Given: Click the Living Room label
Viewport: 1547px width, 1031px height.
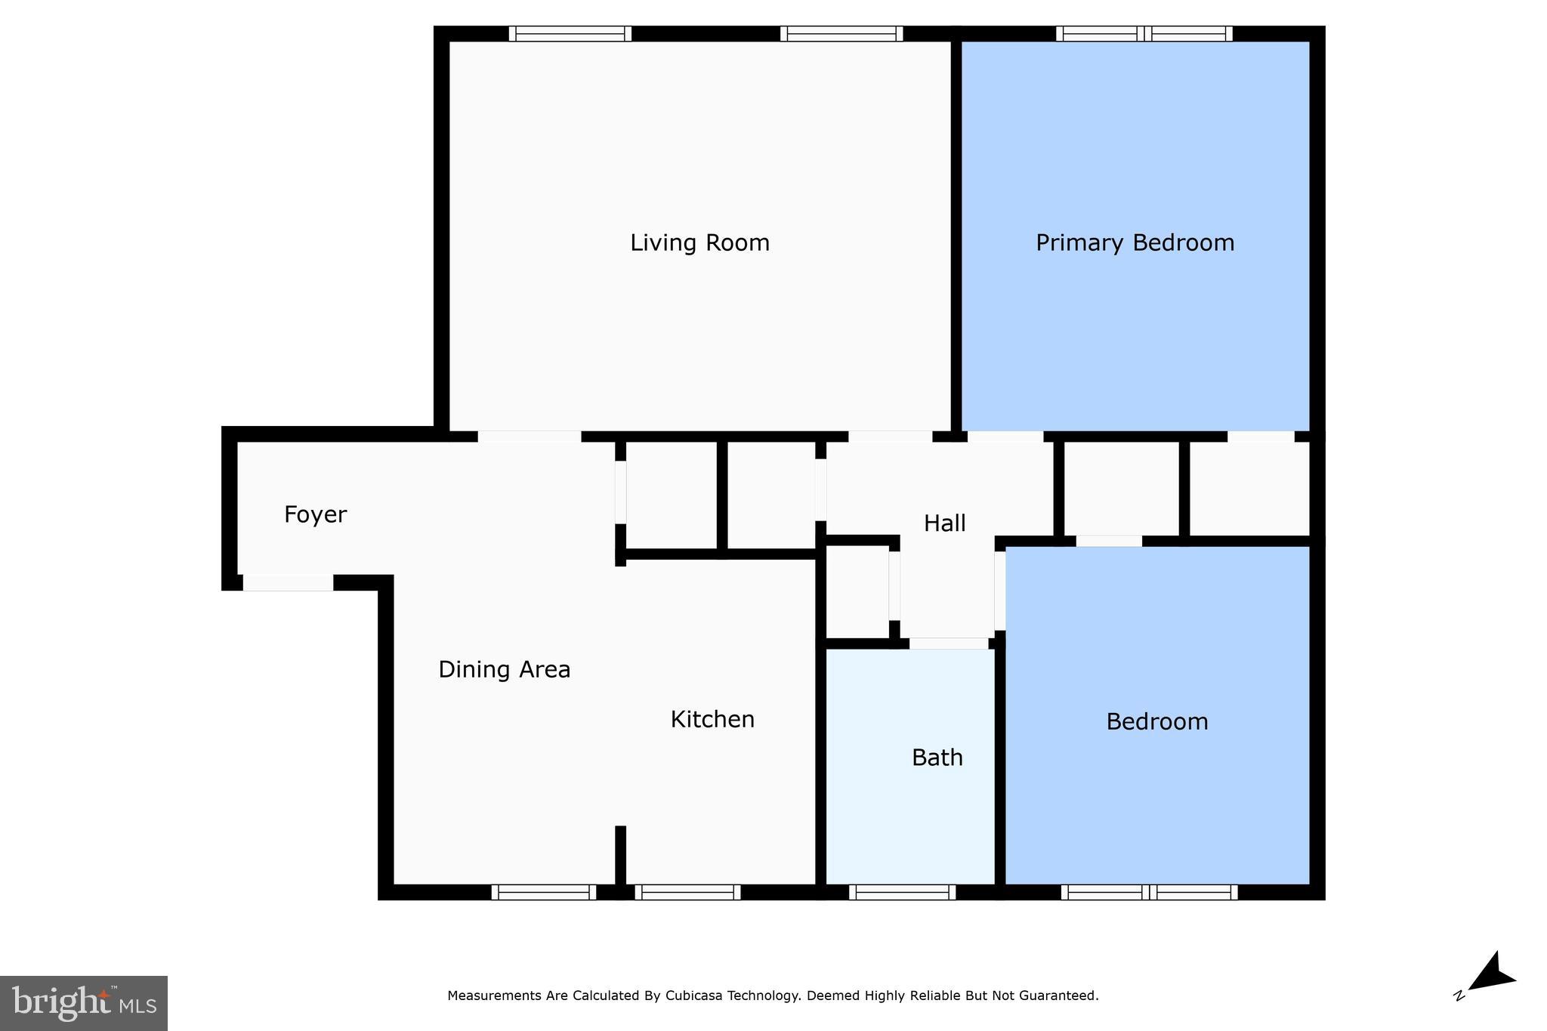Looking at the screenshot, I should (x=699, y=242).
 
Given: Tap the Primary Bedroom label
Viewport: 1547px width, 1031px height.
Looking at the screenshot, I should (x=1135, y=242).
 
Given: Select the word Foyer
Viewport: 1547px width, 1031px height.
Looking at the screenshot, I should (x=315, y=514).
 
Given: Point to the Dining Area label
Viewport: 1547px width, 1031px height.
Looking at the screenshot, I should (x=504, y=669).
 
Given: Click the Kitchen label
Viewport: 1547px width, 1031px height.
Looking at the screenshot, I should (x=712, y=719).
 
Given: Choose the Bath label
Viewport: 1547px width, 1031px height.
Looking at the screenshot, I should (x=937, y=758).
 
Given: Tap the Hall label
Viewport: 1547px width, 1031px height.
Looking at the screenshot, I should (x=944, y=523).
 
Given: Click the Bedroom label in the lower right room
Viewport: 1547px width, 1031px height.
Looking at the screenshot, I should (x=1156, y=721).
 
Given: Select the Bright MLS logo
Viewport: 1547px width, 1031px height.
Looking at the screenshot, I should (x=84, y=1003).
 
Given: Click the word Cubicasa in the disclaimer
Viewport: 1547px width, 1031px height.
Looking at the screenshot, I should (x=693, y=996).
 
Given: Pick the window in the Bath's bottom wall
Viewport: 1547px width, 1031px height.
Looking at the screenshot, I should (x=902, y=892).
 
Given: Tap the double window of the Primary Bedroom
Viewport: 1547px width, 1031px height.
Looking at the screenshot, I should (x=1144, y=34).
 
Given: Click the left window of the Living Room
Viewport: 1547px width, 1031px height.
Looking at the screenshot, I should (x=570, y=34).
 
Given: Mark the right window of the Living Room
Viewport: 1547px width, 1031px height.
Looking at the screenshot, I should (x=841, y=34).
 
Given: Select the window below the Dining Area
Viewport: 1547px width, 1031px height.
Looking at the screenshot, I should (x=544, y=892).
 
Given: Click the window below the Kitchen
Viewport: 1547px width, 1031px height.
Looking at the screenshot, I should (x=687, y=892).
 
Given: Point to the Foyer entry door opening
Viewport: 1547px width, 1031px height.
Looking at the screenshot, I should (x=288, y=582).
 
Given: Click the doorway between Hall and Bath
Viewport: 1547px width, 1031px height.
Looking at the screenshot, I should (x=948, y=644).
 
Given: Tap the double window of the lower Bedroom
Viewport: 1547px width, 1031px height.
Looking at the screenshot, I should (x=1149, y=892).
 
